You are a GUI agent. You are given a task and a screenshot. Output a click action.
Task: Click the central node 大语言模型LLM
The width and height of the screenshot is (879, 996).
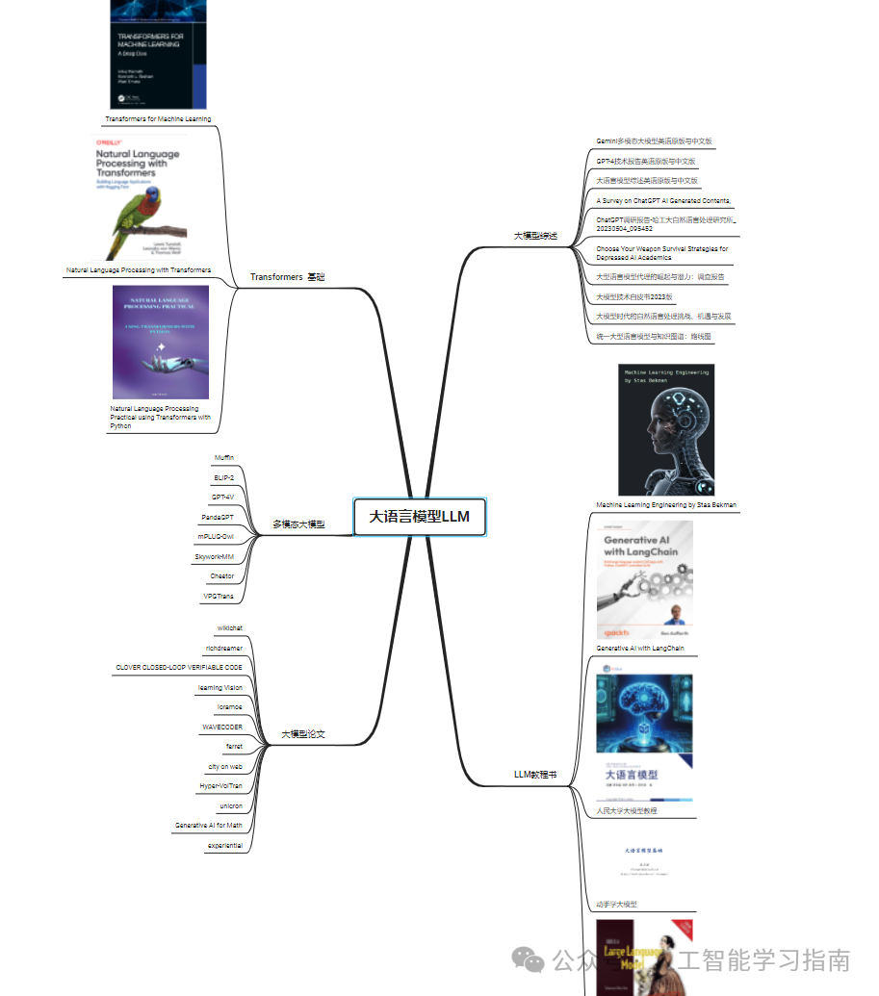click(420, 517)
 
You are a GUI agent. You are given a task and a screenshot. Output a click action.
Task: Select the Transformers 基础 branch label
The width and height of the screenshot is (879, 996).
click(287, 277)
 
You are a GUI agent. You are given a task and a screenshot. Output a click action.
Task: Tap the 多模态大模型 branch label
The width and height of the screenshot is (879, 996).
click(297, 524)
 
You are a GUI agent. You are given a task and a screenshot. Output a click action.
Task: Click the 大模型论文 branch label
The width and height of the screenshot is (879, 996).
click(302, 734)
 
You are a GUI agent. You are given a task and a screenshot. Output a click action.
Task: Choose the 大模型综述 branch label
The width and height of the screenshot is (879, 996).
click(535, 236)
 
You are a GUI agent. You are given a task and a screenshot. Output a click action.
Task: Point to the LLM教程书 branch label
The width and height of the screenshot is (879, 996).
click(534, 774)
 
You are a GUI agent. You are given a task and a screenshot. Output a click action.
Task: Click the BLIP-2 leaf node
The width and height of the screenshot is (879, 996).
click(223, 477)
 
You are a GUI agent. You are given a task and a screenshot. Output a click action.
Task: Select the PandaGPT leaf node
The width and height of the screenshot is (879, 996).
click(217, 517)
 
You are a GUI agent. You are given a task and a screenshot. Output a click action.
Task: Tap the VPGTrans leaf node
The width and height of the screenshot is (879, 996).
click(218, 596)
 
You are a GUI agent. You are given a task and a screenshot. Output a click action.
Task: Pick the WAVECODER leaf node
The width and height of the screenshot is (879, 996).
click(221, 728)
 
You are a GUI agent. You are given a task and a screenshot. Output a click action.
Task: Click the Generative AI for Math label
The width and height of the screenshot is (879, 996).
click(208, 826)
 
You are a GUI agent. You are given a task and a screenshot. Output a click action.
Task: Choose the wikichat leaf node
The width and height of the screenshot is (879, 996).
click(229, 628)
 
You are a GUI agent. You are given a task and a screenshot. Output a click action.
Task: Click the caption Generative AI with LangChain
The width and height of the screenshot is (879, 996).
click(639, 649)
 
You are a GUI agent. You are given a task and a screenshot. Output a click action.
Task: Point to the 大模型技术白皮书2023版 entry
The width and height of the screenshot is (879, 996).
click(634, 297)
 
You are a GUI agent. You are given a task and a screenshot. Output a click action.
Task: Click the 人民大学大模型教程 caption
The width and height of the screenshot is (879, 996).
click(627, 811)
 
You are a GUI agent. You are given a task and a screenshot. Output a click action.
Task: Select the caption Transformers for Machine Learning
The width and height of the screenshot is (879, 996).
click(158, 119)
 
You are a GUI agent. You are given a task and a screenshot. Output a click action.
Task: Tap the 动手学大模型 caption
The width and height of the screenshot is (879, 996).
click(616, 905)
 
